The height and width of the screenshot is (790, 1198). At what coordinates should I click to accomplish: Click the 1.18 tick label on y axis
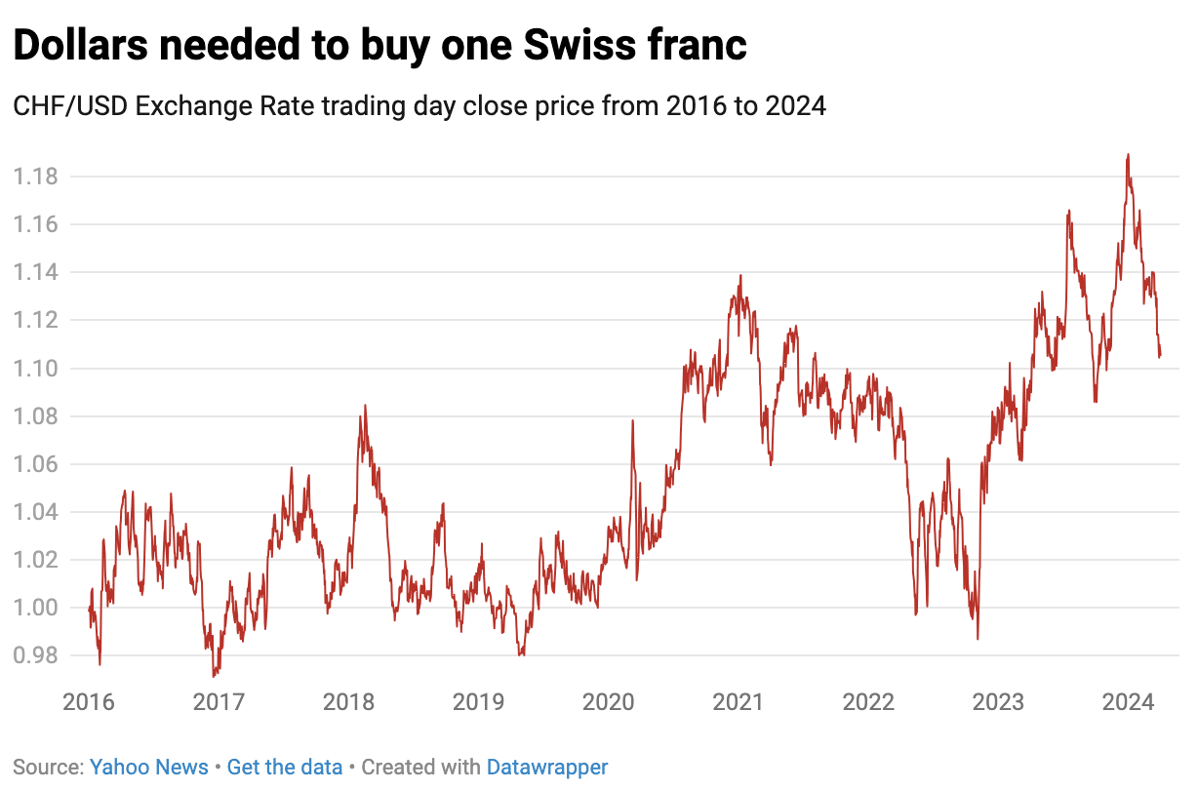[35, 177]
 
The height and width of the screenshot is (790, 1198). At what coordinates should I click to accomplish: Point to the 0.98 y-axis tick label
[35, 655]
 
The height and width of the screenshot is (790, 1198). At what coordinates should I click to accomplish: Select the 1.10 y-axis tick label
[35, 369]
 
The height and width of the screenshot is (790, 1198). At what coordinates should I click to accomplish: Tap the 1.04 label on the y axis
[35, 512]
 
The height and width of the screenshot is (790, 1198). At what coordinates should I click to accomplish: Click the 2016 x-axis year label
[89, 702]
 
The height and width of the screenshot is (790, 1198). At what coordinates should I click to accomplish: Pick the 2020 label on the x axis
[608, 702]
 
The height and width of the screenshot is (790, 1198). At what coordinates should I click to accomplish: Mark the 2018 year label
[348, 702]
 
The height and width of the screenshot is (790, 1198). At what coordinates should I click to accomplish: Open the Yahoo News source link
[148, 768]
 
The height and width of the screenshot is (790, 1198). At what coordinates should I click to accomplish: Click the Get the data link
[284, 768]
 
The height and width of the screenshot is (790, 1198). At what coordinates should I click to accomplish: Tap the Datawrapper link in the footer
[547, 768]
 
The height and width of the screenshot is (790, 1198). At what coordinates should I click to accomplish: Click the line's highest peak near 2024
[1128, 154]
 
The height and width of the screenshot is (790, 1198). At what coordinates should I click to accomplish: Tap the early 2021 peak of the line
[740, 275]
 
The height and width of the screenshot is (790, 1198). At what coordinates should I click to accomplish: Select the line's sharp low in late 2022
[978, 639]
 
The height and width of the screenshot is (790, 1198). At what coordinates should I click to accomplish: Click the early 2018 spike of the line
[365, 406]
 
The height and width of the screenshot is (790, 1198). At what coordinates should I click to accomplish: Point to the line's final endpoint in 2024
[1160, 356]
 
